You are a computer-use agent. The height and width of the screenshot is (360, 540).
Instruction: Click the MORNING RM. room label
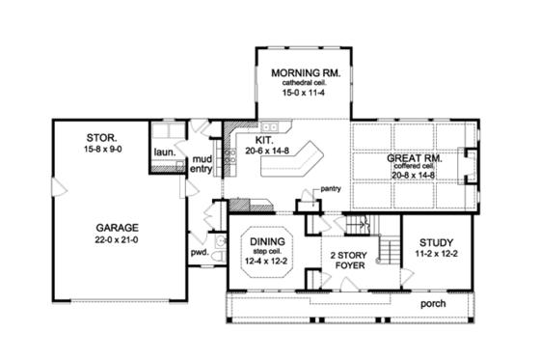tap(302, 72)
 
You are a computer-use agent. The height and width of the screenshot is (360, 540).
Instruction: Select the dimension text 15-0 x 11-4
tap(302, 93)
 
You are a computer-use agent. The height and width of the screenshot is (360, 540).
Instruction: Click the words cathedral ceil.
tap(302, 83)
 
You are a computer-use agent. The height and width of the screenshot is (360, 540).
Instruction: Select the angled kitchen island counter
tap(305, 160)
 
